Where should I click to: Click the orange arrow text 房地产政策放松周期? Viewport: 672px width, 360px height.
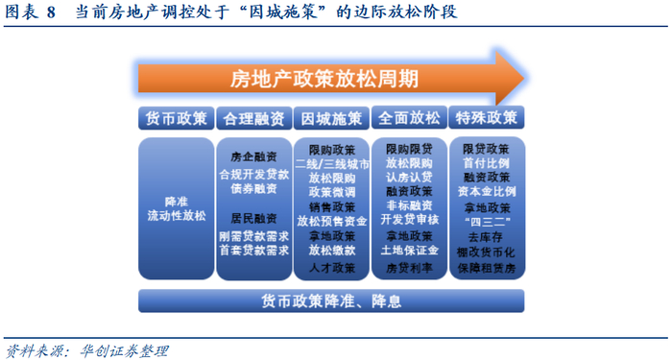[324, 79]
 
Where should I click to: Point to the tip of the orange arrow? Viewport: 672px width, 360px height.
[524, 79]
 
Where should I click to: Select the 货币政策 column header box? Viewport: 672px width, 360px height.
[176, 118]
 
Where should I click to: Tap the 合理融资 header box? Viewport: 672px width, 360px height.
[253, 118]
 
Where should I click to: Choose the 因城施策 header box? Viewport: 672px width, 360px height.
[331, 118]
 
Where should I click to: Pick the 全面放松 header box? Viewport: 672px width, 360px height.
[409, 118]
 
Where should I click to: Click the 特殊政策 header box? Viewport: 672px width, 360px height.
[487, 117]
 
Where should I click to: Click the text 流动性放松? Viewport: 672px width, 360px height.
[177, 216]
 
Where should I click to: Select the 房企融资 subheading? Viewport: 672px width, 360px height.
[253, 156]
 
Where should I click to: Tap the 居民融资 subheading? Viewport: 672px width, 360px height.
[253, 218]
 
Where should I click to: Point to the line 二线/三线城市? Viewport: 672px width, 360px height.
[332, 164]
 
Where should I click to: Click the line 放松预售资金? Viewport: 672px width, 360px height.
[332, 221]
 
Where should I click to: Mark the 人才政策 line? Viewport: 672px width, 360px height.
[332, 268]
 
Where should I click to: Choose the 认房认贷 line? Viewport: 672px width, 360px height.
[409, 177]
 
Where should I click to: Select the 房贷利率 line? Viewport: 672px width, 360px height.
[409, 268]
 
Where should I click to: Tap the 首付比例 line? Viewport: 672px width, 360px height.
[486, 163]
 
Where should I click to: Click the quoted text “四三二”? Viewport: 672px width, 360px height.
[487, 223]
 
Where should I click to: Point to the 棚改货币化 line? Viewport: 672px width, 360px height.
[486, 252]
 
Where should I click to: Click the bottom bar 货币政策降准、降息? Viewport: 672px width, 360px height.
[331, 301]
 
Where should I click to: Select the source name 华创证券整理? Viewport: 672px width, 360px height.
[124, 351]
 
